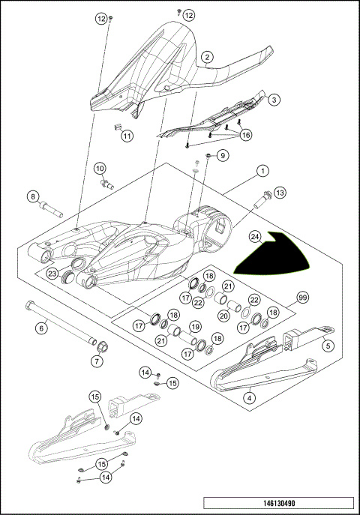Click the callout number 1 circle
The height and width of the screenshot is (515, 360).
point(262,172)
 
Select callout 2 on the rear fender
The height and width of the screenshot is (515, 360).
point(207,56)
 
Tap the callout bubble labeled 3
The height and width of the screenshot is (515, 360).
point(274,99)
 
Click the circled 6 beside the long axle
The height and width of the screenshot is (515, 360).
point(43,327)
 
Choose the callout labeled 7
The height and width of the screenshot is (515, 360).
point(96,361)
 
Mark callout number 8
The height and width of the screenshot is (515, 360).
point(33,196)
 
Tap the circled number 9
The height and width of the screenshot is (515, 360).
point(222,155)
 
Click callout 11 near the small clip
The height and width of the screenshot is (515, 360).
point(127,136)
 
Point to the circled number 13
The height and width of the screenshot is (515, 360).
point(280,193)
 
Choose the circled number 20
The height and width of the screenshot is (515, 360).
point(222,315)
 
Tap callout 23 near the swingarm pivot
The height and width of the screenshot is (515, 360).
point(52,274)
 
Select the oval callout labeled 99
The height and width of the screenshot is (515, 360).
point(303,297)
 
